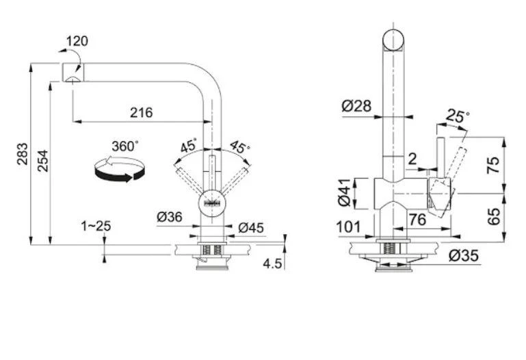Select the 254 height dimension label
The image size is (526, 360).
[x=42, y=159]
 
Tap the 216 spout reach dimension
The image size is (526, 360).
[x=142, y=112]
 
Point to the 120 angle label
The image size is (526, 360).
[x=77, y=41]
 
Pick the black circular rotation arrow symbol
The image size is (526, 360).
[x=119, y=168]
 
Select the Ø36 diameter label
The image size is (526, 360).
[x=169, y=216]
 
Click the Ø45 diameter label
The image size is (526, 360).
[x=250, y=227]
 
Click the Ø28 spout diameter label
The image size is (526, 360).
[x=355, y=105]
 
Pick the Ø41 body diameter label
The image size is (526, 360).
[x=344, y=192]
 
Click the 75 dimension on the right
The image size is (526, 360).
[x=512, y=164]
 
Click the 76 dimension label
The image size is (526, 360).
[x=417, y=219]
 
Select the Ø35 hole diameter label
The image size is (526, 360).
[x=464, y=256]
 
